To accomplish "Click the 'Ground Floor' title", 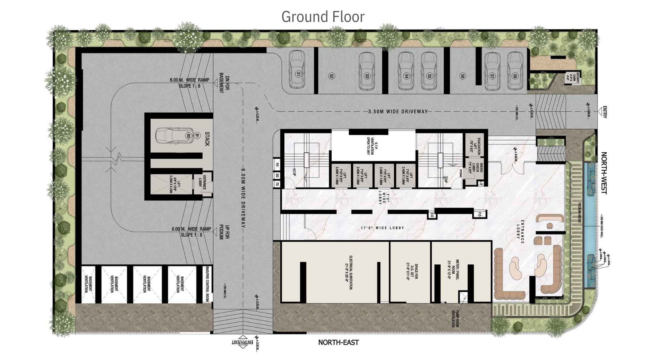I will [x=323, y=17].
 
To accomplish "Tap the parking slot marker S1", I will [x=298, y=75].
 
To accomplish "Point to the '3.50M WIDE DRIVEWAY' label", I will [x=398, y=111].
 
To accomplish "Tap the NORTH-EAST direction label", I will [x=338, y=343].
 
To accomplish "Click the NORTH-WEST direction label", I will [x=604, y=173].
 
